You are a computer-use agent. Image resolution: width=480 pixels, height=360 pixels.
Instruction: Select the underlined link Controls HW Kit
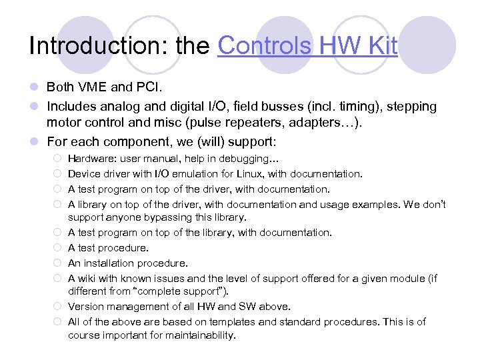307,45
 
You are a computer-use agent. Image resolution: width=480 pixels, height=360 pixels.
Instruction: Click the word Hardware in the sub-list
90,159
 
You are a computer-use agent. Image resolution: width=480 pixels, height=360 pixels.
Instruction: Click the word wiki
88,277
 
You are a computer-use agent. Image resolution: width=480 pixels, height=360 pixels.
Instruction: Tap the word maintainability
195,336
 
